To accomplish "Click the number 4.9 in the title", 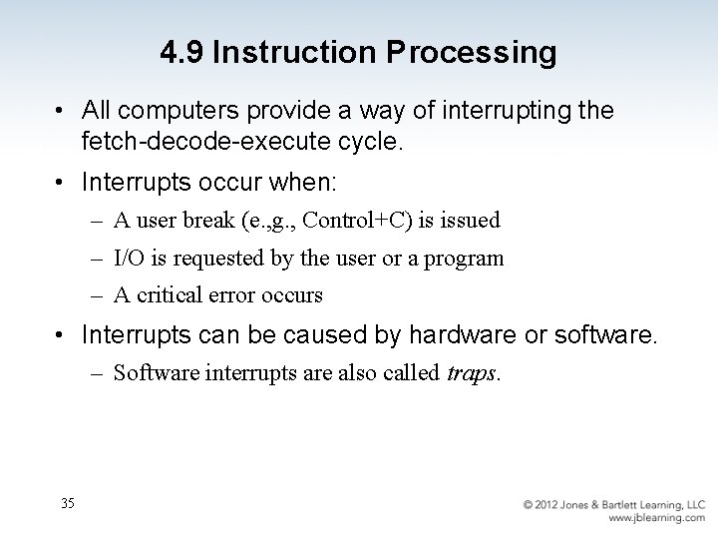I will (x=180, y=52).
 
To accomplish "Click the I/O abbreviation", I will (x=128, y=259).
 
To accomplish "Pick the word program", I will (x=465, y=259).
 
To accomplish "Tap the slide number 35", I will (x=68, y=502).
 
